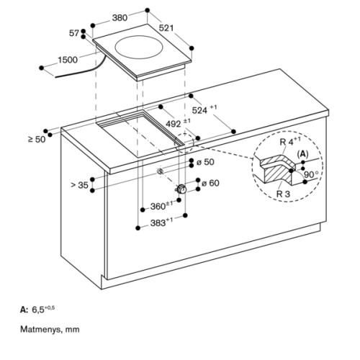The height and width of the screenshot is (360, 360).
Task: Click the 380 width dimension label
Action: pyautogui.click(x=120, y=17)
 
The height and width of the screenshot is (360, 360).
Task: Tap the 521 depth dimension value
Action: pyautogui.click(x=166, y=28)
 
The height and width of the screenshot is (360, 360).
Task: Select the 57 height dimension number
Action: pyautogui.click(x=74, y=33)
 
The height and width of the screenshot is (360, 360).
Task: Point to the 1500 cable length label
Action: pyautogui.click(x=68, y=60)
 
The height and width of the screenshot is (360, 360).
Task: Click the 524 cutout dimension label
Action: pyautogui.click(x=204, y=109)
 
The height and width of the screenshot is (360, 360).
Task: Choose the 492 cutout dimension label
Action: pyautogui.click(x=178, y=123)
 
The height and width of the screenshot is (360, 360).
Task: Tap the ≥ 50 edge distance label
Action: pyautogui.click(x=37, y=139)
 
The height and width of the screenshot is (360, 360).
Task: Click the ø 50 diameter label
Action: pyautogui.click(x=205, y=162)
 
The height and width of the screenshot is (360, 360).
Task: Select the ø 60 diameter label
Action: pyautogui.click(x=210, y=183)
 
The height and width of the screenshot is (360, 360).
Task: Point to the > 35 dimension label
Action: pyautogui.click(x=80, y=185)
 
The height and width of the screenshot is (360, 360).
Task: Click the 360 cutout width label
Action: pyautogui.click(x=161, y=205)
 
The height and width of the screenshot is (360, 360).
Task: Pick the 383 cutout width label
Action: pyautogui.click(x=161, y=222)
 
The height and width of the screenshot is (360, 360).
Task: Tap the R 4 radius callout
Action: pyautogui.click(x=290, y=141)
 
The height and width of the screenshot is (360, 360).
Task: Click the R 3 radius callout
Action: pyautogui.click(x=283, y=194)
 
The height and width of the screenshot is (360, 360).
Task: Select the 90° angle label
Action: pyautogui.click(x=311, y=174)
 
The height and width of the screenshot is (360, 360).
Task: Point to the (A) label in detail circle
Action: pyautogui.click(x=303, y=154)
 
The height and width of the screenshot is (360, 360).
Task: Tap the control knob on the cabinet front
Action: pyautogui.click(x=181, y=189)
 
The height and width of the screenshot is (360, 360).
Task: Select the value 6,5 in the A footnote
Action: pyautogui.click(x=38, y=310)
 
